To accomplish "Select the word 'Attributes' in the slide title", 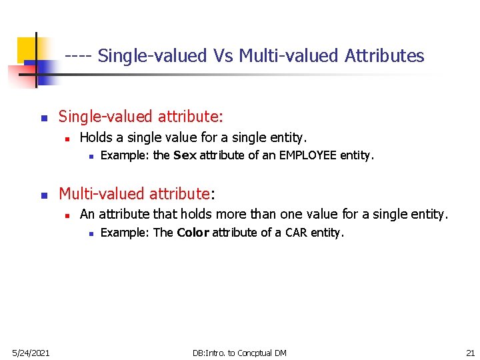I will coord(384,56).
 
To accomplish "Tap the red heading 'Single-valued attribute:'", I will coord(141,117).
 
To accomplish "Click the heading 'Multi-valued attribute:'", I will coord(137,194).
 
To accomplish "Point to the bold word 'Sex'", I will coord(185,156).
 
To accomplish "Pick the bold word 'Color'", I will coord(193,233).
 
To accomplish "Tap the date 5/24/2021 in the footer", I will coord(29,353).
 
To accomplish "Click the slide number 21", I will coord(470,353).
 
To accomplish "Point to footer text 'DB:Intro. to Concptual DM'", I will coord(239,353).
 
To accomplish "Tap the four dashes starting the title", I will coord(79,56).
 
